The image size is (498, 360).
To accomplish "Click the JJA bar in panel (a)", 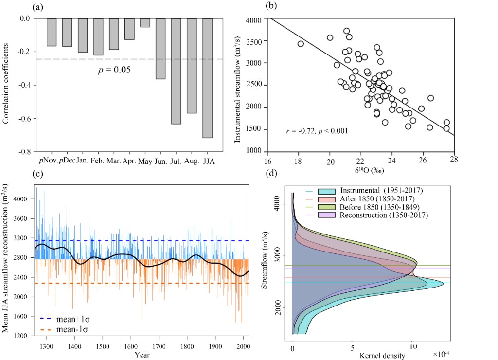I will click(207, 78).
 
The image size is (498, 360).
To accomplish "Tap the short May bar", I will click(145, 23).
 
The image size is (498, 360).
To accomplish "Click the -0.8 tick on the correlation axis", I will click(23, 152).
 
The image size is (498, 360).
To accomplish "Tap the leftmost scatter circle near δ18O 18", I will click(301, 44).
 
